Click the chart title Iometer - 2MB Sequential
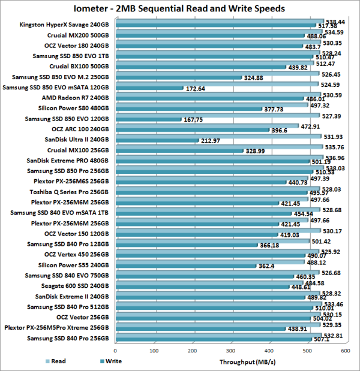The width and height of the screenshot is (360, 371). click(180, 8)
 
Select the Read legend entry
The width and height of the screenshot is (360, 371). click(58, 361)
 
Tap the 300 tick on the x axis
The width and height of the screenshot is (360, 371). click(230, 351)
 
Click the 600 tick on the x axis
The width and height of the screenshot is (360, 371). click(346, 351)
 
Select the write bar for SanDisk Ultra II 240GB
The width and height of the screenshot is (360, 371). click(156, 141)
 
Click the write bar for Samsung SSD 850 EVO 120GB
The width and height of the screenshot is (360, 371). click(148, 120)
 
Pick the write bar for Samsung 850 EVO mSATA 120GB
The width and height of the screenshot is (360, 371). click(149, 88)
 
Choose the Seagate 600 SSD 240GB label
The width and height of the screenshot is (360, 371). click(75, 286)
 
